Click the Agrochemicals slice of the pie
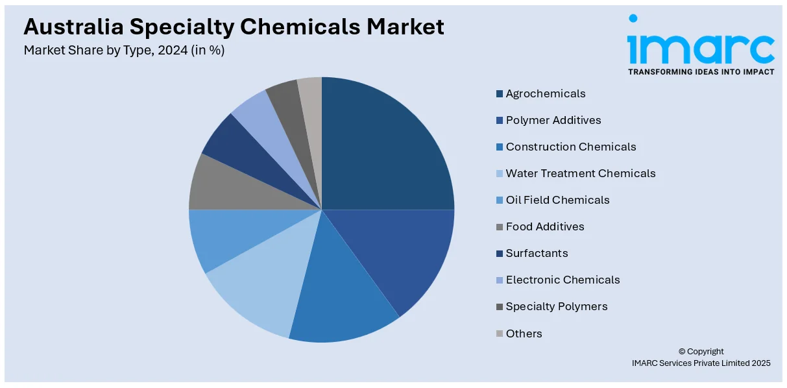(x=383, y=149)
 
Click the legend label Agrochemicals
(x=546, y=93)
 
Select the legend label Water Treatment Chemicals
(x=581, y=173)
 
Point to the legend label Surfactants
(x=537, y=253)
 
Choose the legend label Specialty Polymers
(x=557, y=306)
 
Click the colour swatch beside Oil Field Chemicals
(x=500, y=200)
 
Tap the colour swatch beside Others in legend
(x=500, y=333)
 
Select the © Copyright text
(x=701, y=352)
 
